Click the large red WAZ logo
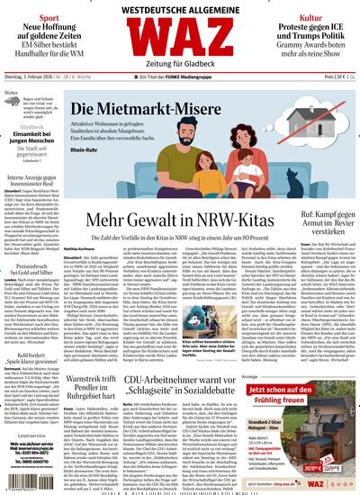(180, 40)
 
